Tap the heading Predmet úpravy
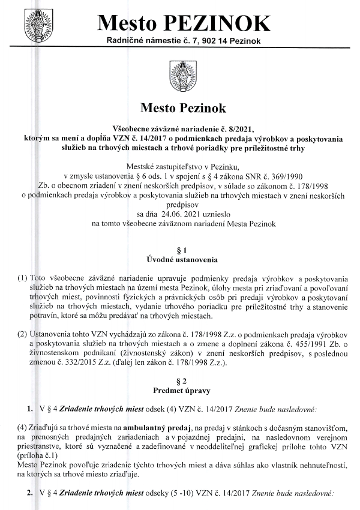point(179,391)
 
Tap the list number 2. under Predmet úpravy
point(28,492)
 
